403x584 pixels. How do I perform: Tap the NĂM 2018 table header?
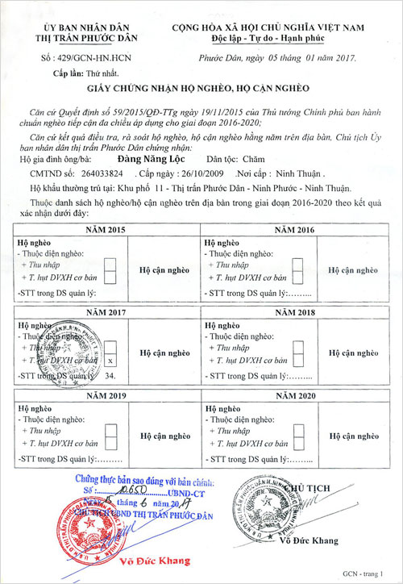[294, 311]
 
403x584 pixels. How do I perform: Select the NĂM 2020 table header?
[294, 396]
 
